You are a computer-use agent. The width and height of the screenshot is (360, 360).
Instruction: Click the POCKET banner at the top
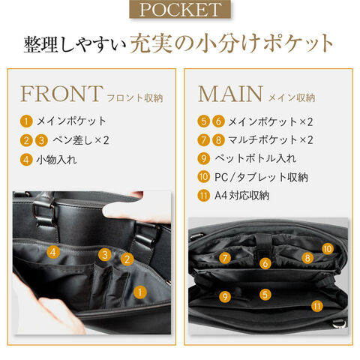(x=180, y=9)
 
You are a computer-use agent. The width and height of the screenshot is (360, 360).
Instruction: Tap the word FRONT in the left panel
(x=61, y=94)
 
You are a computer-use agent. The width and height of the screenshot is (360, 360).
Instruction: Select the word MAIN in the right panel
(x=230, y=94)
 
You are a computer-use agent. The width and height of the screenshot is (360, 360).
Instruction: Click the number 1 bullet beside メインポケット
(x=26, y=121)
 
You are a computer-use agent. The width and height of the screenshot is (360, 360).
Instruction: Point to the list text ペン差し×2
(x=81, y=140)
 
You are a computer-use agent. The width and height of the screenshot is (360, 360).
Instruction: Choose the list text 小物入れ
(x=56, y=160)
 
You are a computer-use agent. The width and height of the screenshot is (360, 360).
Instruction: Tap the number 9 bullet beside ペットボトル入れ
(x=203, y=158)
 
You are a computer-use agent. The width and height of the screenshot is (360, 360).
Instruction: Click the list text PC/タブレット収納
(x=261, y=177)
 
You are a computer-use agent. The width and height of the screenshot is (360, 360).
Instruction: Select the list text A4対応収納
(x=241, y=195)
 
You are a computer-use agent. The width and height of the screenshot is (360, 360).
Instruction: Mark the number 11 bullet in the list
(x=203, y=195)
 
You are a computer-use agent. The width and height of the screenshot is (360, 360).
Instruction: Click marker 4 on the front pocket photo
(x=53, y=252)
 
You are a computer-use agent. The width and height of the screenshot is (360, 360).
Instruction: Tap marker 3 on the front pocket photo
(x=105, y=255)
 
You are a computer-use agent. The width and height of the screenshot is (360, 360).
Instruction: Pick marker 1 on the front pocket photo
(x=140, y=292)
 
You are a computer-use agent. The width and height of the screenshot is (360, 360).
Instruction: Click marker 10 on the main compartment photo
(x=327, y=249)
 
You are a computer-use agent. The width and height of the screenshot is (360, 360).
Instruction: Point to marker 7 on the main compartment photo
(x=225, y=258)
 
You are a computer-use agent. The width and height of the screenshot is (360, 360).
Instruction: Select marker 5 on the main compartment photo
(x=265, y=295)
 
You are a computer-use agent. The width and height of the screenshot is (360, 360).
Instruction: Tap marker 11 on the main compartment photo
(x=317, y=306)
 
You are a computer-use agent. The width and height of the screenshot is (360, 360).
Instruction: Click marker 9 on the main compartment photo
(x=225, y=296)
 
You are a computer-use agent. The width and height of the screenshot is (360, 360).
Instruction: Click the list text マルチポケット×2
(x=271, y=140)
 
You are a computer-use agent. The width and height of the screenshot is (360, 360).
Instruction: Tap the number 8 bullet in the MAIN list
(x=218, y=140)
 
